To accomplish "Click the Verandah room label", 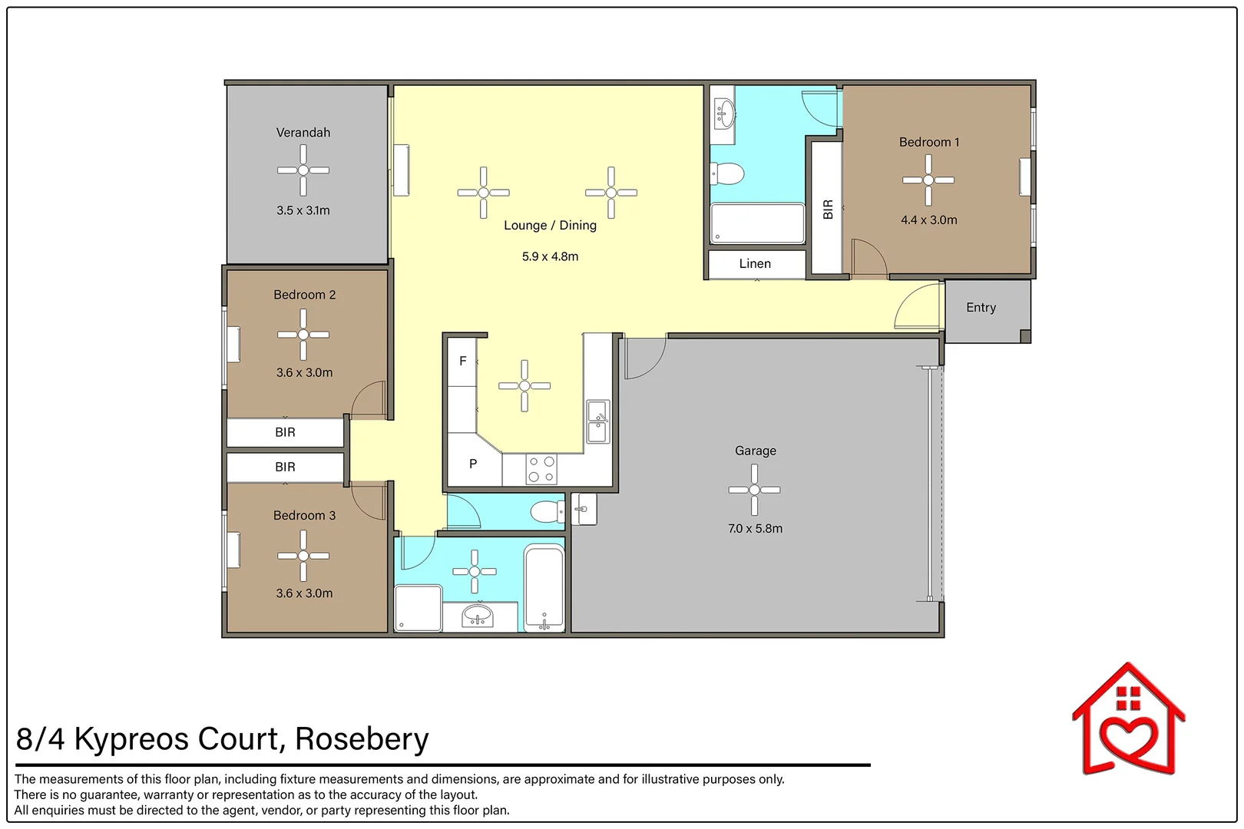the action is (303, 133).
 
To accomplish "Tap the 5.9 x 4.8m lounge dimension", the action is (550, 256).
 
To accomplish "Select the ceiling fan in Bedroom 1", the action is (928, 180).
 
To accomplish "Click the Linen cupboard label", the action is (755, 263).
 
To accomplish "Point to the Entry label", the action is (981, 307).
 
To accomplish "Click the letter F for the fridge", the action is (462, 361).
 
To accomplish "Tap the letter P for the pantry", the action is (473, 464).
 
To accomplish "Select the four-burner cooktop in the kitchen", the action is (541, 469).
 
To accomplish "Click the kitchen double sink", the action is (597, 421).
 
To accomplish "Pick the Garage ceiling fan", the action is (754, 490).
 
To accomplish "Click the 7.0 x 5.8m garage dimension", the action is (755, 528).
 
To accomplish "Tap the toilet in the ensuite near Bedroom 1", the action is (728, 173).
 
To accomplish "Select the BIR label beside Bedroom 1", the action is (827, 210).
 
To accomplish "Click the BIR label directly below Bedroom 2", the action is (285, 432).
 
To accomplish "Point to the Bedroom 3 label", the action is (304, 515).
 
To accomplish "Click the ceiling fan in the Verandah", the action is (303, 170).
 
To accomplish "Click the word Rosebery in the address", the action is (362, 738).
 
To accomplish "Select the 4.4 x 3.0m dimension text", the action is (928, 220).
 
